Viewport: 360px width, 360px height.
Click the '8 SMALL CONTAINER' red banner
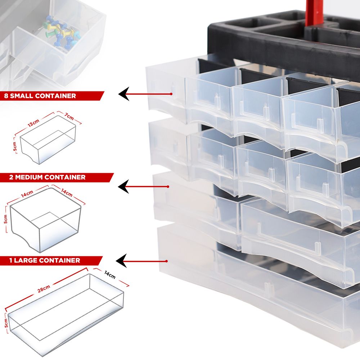51,96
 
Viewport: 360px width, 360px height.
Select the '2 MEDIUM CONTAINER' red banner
56,177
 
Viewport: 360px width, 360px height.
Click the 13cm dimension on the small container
34,123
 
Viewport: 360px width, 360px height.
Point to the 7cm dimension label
69,117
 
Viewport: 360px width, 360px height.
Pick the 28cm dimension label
44,289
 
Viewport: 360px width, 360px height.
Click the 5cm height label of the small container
15,146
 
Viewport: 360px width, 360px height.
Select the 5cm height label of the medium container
5,219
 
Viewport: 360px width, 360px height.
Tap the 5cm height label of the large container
6,323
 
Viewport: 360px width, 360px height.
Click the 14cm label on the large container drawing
110,275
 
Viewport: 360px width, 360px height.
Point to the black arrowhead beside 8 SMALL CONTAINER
124,94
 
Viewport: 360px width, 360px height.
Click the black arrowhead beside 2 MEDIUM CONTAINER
123,186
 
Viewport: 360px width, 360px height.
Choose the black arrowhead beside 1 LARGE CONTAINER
121,261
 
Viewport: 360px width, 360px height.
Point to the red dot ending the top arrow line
171,94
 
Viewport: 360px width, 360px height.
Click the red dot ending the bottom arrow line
166,261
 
